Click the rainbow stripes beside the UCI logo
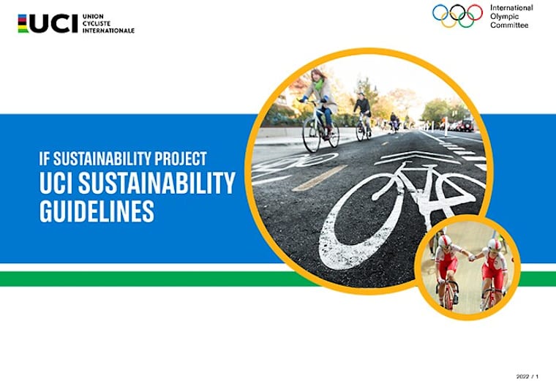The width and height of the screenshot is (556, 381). (23, 23)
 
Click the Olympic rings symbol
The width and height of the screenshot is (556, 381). (457, 15)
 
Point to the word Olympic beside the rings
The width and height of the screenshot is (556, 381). (503, 16)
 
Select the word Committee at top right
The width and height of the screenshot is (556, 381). (509, 25)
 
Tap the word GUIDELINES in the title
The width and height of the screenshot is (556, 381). (97, 211)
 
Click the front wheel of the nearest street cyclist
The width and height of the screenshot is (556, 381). (311, 136)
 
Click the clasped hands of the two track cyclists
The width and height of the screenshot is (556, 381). (469, 257)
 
